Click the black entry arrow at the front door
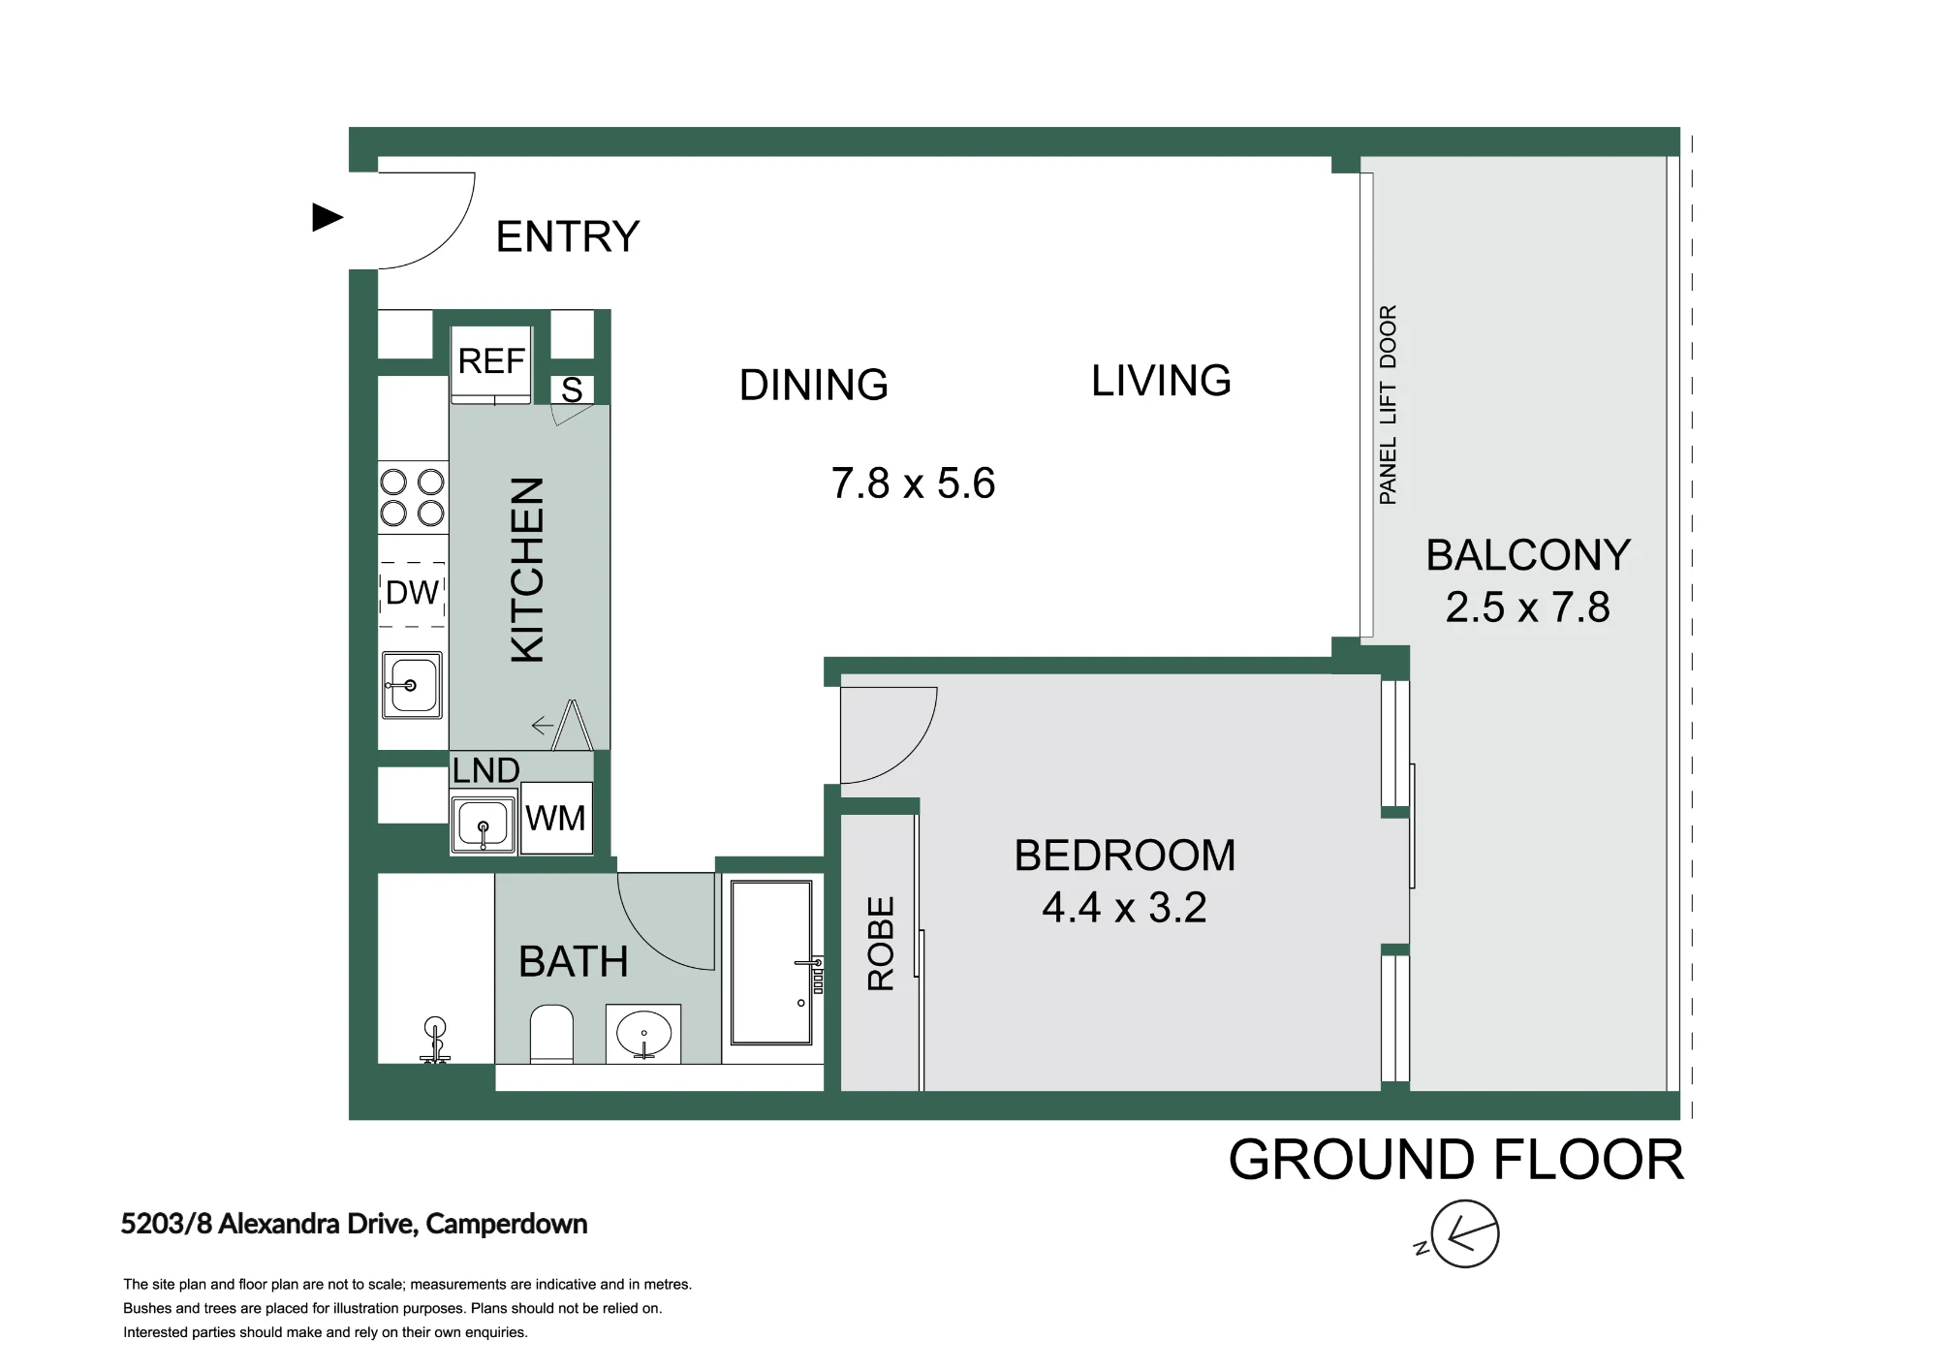point(328,218)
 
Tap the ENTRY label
point(568,236)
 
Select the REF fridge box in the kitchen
point(491,364)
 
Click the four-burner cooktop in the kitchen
point(412,497)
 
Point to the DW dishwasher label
point(413,592)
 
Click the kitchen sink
point(412,685)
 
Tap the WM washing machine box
point(556,818)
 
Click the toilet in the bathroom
point(552,1034)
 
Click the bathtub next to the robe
point(771,962)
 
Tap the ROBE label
point(880,944)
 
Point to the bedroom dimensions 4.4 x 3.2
point(1124,908)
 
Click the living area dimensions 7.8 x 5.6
point(913,483)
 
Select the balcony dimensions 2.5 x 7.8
point(1527,607)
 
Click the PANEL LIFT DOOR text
point(1388,405)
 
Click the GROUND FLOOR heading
point(1456,1160)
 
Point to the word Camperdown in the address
point(507,1225)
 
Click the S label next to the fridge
point(572,389)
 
